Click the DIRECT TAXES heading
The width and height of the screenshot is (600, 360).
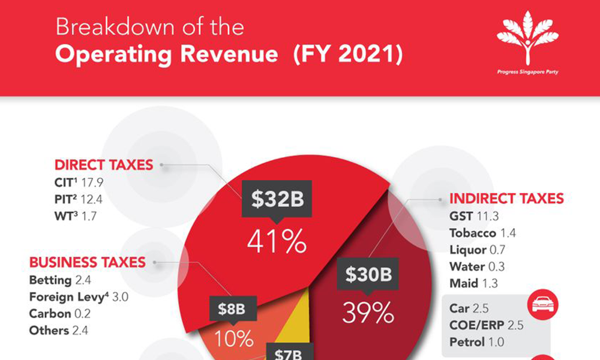(x=103, y=165)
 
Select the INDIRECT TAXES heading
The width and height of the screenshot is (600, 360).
(x=506, y=199)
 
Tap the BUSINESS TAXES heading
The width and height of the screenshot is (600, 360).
(x=87, y=262)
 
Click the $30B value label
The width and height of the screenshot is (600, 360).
(x=368, y=274)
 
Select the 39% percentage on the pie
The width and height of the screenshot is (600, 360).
(x=368, y=312)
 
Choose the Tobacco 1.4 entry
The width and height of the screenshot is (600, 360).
(x=482, y=233)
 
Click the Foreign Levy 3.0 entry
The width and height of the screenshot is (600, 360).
(x=79, y=296)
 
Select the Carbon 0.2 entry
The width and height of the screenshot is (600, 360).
(x=59, y=313)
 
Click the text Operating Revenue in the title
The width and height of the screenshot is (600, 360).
(x=166, y=55)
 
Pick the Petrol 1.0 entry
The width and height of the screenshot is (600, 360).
(x=476, y=342)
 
